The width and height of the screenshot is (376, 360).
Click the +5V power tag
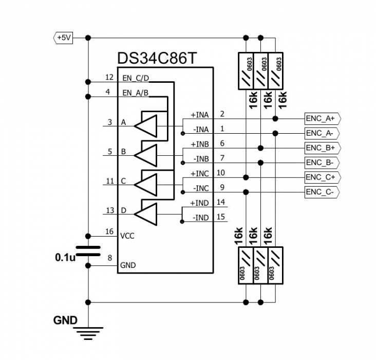[x=64, y=38]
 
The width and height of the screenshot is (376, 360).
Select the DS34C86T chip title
[x=157, y=58]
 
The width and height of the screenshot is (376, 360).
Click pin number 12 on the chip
[x=108, y=77]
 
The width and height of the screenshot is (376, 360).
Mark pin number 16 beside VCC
[x=109, y=232]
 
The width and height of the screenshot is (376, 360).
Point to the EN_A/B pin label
[x=136, y=93]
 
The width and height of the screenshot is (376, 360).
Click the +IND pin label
[x=200, y=203]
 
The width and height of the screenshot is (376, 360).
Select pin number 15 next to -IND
[x=221, y=217]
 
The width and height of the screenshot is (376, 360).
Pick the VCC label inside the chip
[x=127, y=236]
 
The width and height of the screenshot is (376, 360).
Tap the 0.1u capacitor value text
[x=65, y=257]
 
